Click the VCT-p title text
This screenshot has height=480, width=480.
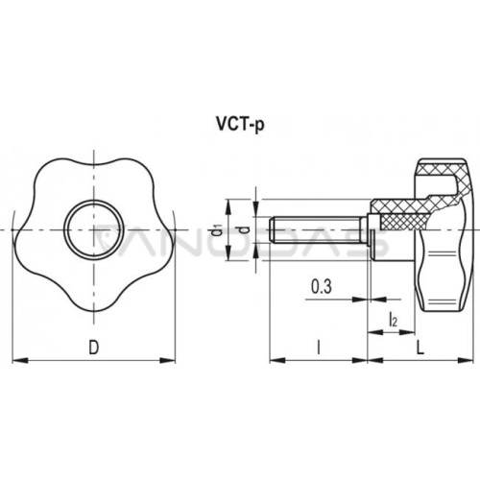tap(241, 124)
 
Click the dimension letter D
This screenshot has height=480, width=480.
tap(93, 348)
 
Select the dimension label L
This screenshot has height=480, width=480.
tap(420, 348)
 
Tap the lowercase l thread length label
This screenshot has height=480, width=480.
tap(318, 348)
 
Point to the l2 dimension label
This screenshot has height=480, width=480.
tap(393, 320)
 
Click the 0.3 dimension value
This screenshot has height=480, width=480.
tap(322, 286)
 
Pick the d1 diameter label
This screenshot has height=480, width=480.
tap(219, 230)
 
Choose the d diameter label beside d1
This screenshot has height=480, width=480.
tap(245, 230)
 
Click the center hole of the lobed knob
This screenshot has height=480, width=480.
tap(93, 229)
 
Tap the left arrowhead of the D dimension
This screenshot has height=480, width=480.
tap(20, 361)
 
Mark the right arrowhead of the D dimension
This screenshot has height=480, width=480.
tap(168, 361)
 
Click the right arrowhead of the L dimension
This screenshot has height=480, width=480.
tap(466, 360)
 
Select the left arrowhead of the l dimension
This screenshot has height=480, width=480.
tap(277, 360)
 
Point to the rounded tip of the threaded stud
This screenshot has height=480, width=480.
tap(272, 230)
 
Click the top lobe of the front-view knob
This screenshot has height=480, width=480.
tap(93, 163)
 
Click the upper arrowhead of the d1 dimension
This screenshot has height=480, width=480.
tap(228, 206)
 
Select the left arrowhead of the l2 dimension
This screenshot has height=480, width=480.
tap(375, 332)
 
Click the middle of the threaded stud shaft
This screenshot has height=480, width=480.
tap(317, 230)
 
